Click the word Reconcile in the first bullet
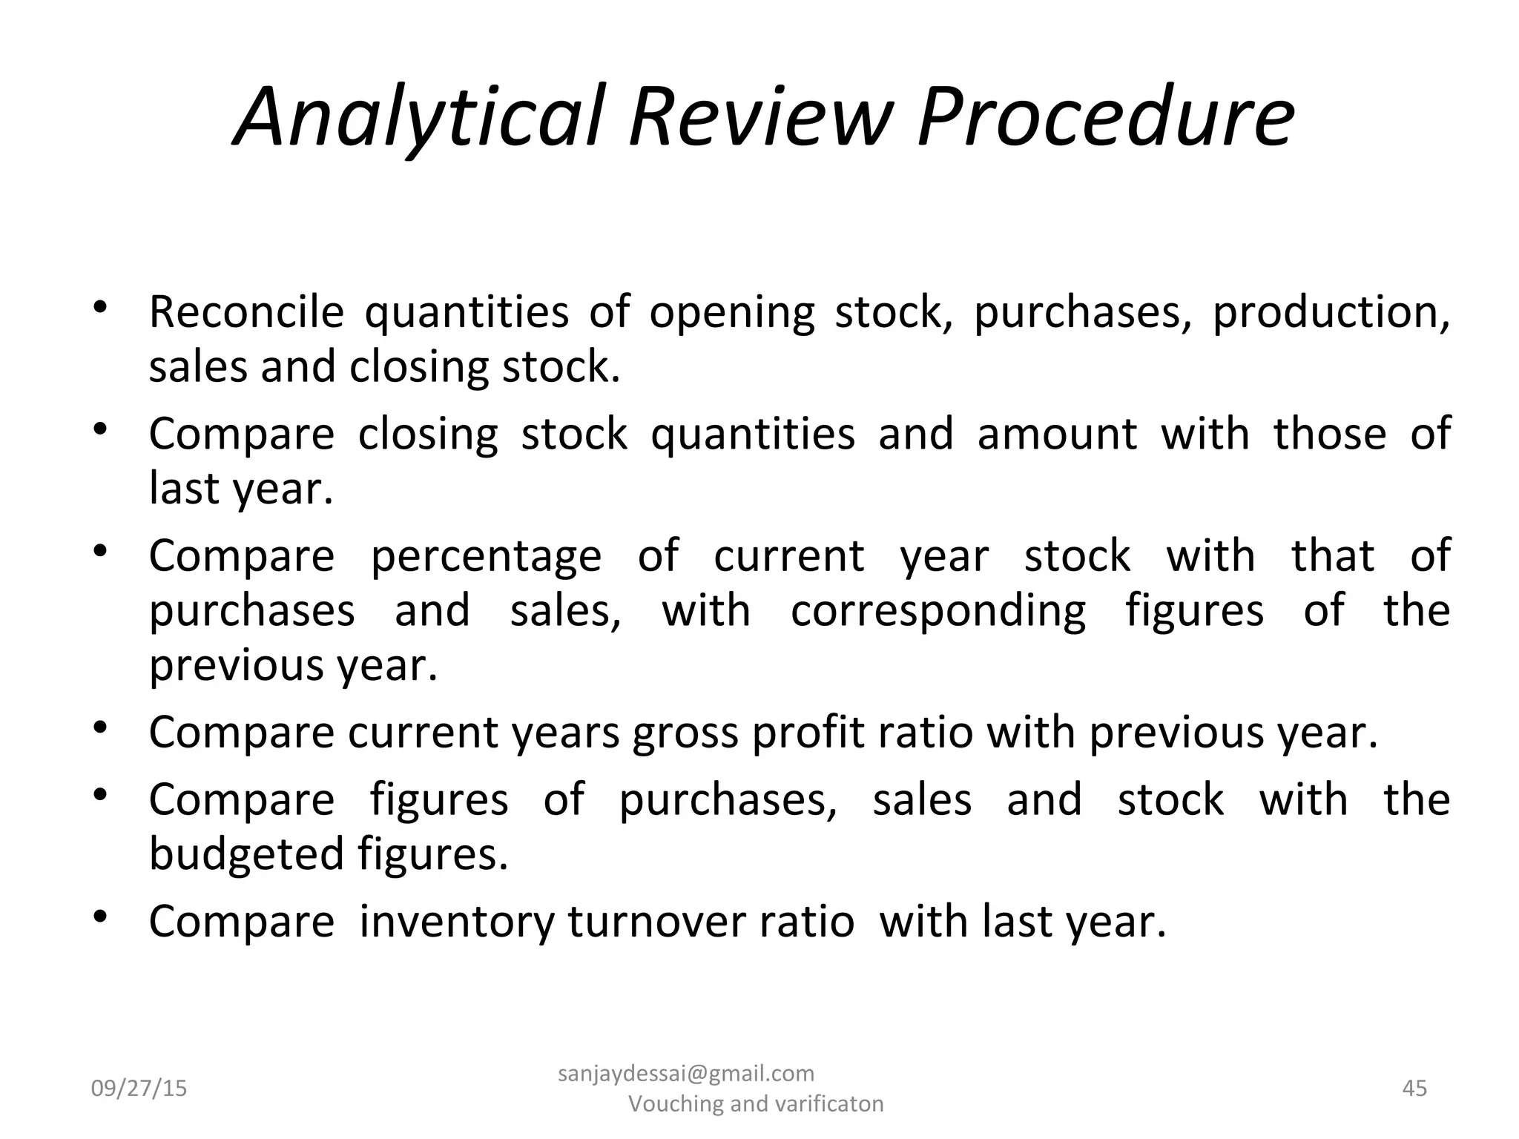246,312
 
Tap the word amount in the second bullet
1056,434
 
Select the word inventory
457,922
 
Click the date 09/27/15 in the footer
139,1089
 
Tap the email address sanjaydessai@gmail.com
685,1074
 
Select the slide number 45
1415,1089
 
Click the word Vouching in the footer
676,1104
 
